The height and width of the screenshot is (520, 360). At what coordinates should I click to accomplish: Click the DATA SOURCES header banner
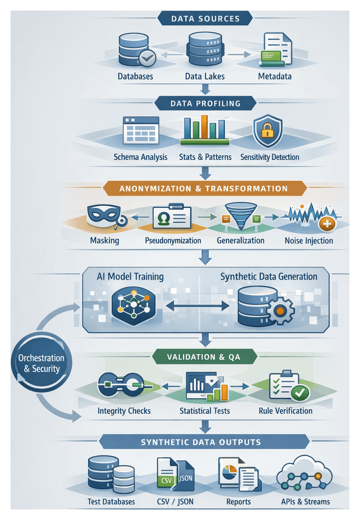tap(205, 18)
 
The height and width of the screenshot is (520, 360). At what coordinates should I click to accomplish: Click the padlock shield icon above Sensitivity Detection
tap(268, 132)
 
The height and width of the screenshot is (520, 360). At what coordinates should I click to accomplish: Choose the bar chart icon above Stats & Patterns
tap(204, 131)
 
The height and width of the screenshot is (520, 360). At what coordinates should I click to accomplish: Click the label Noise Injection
tap(309, 240)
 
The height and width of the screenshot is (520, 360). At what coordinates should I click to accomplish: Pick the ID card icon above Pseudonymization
tap(172, 217)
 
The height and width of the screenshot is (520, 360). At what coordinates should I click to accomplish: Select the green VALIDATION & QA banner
tap(203, 357)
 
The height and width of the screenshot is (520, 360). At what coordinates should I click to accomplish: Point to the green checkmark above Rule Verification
tap(300, 391)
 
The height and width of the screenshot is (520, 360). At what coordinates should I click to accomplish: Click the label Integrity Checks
tap(124, 411)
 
